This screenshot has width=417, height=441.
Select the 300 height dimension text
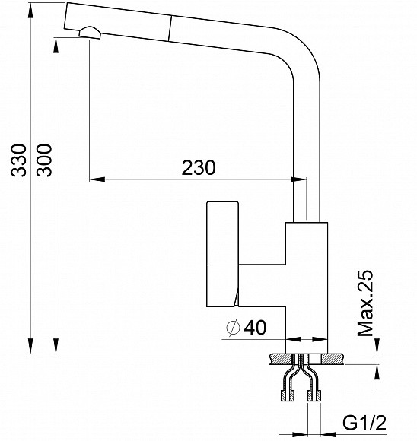pos(46,160)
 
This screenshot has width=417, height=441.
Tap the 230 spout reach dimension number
pos(199,167)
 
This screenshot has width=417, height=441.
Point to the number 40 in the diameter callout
pos(256,328)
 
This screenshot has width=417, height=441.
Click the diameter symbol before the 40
pos(234,328)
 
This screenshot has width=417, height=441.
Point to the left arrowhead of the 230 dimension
pos(96,180)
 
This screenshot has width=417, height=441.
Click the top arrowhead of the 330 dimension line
pos(30,8)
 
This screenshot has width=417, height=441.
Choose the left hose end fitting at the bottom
pos(286,395)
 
